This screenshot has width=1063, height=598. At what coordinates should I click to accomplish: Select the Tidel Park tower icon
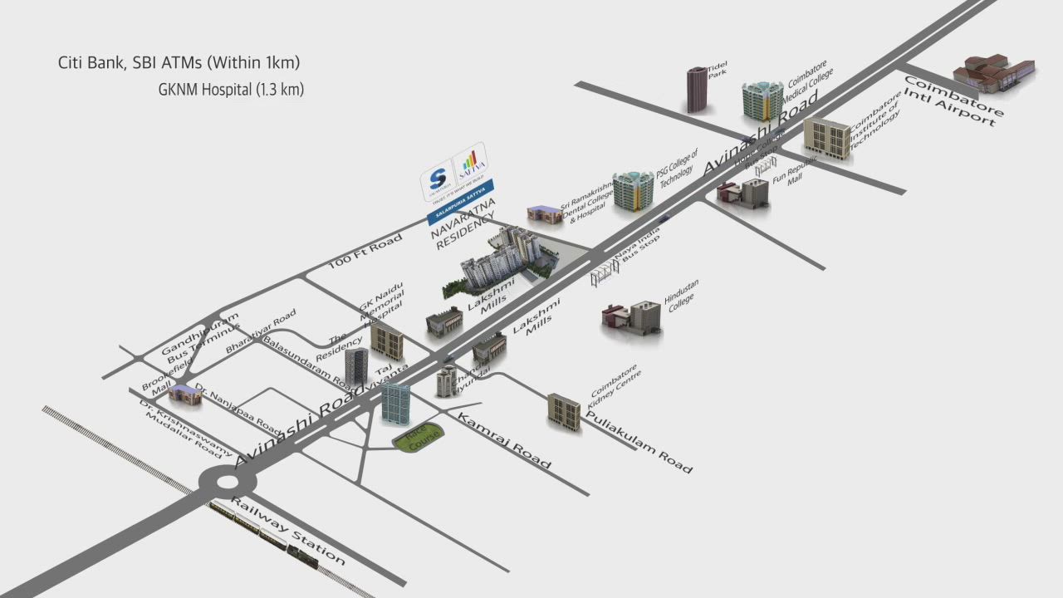pos(697,90)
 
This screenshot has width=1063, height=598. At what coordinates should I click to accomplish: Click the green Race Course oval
pos(418,439)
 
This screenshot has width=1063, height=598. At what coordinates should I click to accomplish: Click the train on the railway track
pos(264,537)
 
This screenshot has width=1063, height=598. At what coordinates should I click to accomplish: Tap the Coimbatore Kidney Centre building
pos(564,411)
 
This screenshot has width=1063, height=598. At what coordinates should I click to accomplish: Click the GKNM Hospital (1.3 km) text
pos(231,90)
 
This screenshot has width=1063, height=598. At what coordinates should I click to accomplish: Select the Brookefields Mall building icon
pos(185,395)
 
